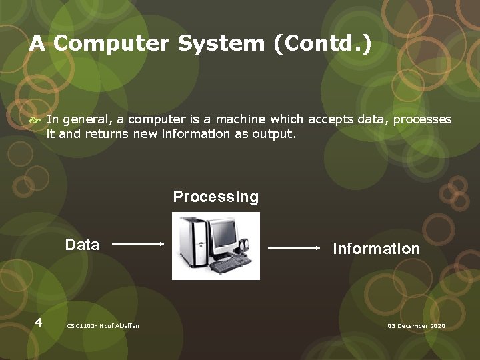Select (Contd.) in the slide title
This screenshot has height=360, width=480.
tap(321, 44)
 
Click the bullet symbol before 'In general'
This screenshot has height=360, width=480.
tap(37, 120)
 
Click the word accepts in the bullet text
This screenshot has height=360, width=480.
tap(329, 119)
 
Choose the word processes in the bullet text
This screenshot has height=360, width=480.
tap(423, 119)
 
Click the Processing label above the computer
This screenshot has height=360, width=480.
tap(215, 197)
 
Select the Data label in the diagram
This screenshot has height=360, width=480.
tap(82, 245)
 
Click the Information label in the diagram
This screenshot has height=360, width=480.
tap(376, 249)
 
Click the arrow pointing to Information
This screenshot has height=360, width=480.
tap(294, 247)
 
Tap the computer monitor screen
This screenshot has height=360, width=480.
tap(224, 231)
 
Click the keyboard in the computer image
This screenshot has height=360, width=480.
tap(231, 265)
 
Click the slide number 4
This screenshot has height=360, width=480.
tap(39, 323)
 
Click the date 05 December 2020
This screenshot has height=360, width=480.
tap(416, 326)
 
